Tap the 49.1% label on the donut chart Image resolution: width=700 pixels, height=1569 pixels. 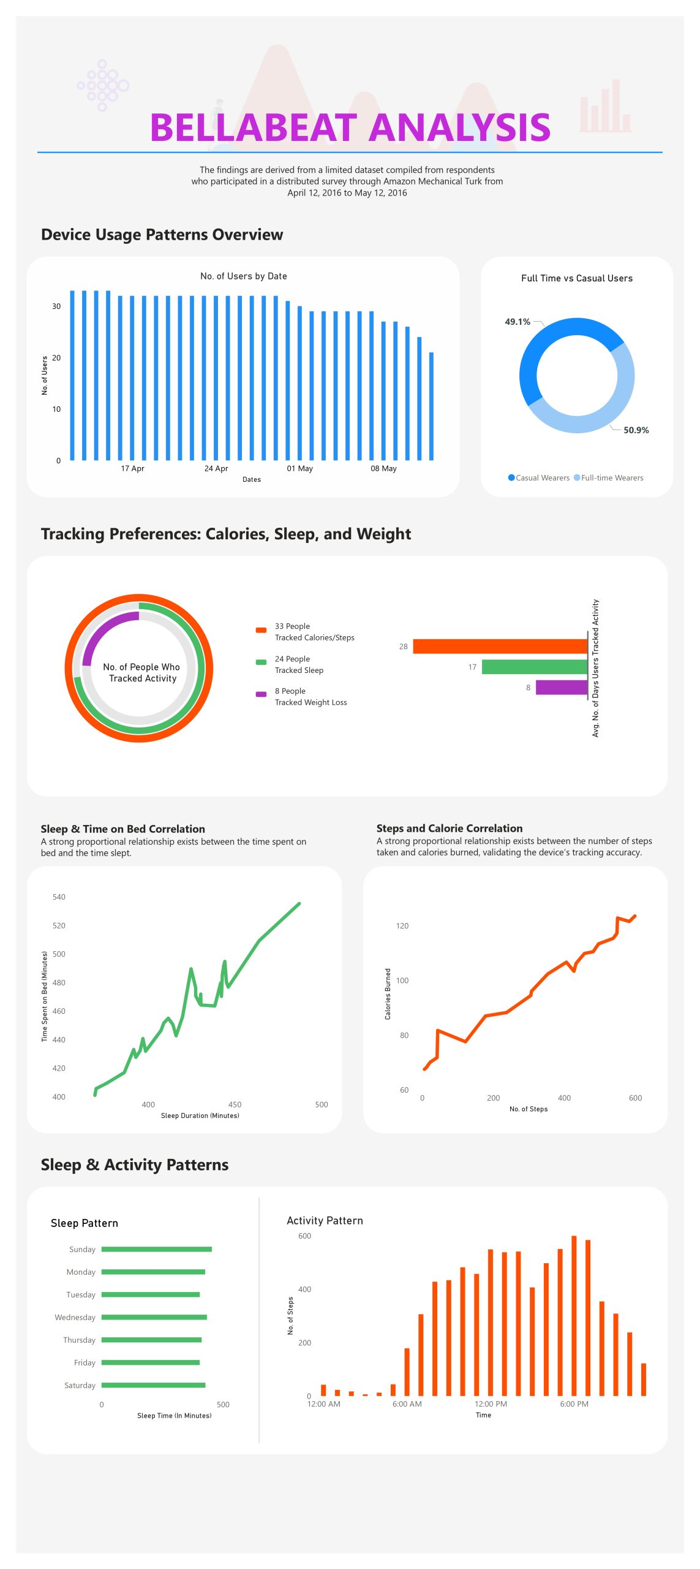point(517,322)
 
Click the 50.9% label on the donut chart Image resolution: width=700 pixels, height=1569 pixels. point(636,430)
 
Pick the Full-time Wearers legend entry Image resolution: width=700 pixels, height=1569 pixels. point(611,478)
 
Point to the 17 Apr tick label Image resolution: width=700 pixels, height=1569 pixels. point(132,468)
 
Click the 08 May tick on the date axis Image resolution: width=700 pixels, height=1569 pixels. point(383,468)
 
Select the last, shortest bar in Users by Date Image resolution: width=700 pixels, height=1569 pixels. point(431,406)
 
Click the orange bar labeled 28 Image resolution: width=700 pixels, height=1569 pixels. point(500,646)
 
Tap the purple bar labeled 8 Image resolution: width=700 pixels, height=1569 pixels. point(561,687)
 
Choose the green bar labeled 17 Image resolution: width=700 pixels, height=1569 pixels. point(534,667)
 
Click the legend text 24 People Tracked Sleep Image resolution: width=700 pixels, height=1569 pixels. point(299,664)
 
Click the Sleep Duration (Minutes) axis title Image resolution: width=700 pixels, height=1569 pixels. point(200,1115)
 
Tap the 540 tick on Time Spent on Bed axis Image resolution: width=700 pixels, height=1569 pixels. point(59,897)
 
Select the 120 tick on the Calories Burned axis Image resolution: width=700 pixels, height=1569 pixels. point(402,925)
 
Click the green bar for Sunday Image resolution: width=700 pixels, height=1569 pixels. point(156,1249)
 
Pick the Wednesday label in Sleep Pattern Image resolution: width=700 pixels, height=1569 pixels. point(75,1317)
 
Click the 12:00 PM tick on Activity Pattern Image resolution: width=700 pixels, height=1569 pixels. point(491,1404)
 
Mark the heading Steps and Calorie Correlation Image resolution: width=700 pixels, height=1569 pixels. point(449,828)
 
